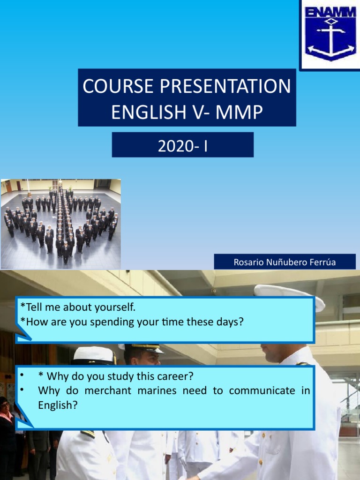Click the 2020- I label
point(182,147)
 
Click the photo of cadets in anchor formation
point(60,224)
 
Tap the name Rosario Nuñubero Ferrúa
point(285,262)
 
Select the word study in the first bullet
point(123,376)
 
